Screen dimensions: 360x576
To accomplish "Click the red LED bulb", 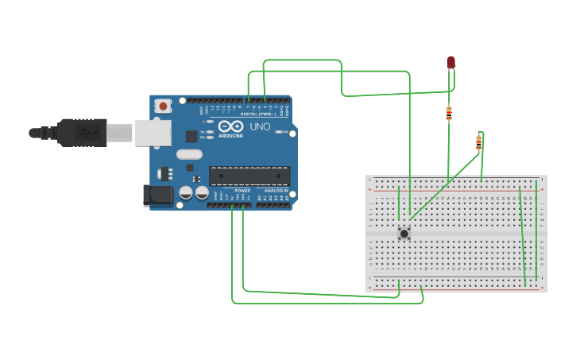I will [x=450, y=62].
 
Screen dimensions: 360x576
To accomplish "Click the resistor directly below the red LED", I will [x=449, y=113].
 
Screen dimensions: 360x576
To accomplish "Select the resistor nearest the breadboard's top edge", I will [x=478, y=143].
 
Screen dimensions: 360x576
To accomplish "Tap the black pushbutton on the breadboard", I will [x=404, y=233].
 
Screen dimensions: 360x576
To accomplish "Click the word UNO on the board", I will [x=260, y=126].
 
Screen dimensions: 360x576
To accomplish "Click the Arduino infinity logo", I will [x=230, y=126].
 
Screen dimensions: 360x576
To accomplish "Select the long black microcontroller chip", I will [x=249, y=176].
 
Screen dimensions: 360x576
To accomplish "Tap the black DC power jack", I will [x=157, y=195].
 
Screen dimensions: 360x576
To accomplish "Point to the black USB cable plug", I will [x=79, y=133].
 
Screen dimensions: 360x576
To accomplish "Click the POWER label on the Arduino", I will [x=243, y=192].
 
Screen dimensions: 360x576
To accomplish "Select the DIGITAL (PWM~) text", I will [x=258, y=114].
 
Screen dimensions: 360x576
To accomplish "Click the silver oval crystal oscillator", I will [x=189, y=154].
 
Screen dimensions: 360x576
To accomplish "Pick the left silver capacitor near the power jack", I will [x=186, y=192].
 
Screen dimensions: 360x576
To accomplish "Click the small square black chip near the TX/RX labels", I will [x=191, y=136].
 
